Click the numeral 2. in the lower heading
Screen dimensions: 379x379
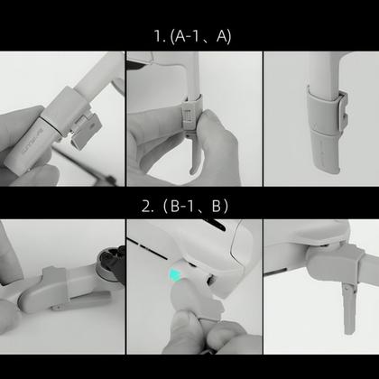pyautogui.click(x=147, y=205)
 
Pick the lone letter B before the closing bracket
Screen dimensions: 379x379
pyautogui.click(x=217, y=205)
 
